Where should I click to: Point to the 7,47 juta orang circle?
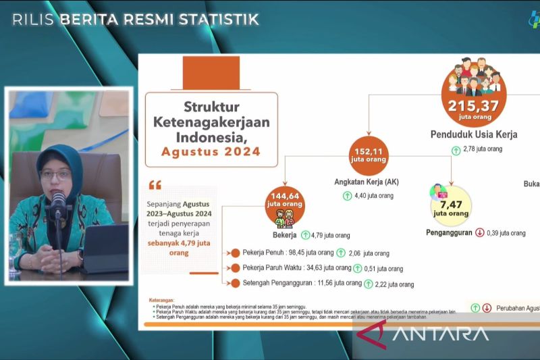point(450,207)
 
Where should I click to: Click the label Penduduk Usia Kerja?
point(474,134)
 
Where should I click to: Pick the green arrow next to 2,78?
point(456,149)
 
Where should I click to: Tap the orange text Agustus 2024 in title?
point(211,151)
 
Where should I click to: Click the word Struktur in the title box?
point(211,107)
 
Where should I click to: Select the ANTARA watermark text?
point(439,333)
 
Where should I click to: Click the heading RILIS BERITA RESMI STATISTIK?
point(136,19)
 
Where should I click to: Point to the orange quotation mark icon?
point(155,185)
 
